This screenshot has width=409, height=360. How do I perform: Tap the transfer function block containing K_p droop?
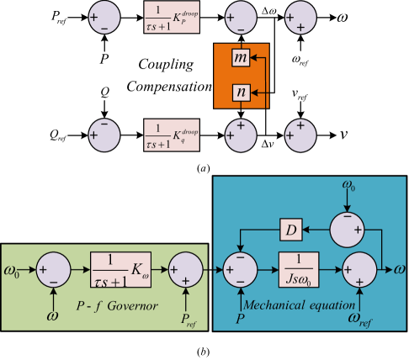tap(172, 18)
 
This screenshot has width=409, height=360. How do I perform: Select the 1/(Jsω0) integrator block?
tap(298, 269)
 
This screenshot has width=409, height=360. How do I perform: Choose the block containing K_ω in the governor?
tap(119, 268)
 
